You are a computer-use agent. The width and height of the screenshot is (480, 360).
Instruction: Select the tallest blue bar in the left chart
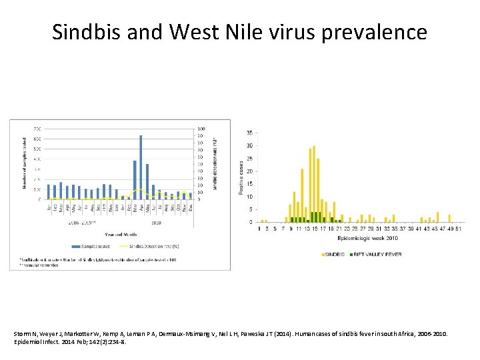point(141,167)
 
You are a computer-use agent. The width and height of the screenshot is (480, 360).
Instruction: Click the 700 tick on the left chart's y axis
point(37,129)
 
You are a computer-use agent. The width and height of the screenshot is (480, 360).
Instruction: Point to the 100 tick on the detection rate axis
point(202,129)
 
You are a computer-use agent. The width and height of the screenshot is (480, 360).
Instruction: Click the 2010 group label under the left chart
point(156,223)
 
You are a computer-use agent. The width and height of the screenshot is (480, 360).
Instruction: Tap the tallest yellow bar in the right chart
point(314,183)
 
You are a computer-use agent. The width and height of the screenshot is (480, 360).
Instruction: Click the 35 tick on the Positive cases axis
point(249,133)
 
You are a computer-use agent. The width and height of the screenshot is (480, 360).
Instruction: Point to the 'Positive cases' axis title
point(241,176)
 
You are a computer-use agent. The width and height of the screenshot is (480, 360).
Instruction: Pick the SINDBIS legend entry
point(334,254)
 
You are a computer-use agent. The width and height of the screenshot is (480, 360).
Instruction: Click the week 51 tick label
point(459,229)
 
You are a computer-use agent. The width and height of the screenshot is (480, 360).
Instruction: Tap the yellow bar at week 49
point(450,218)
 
